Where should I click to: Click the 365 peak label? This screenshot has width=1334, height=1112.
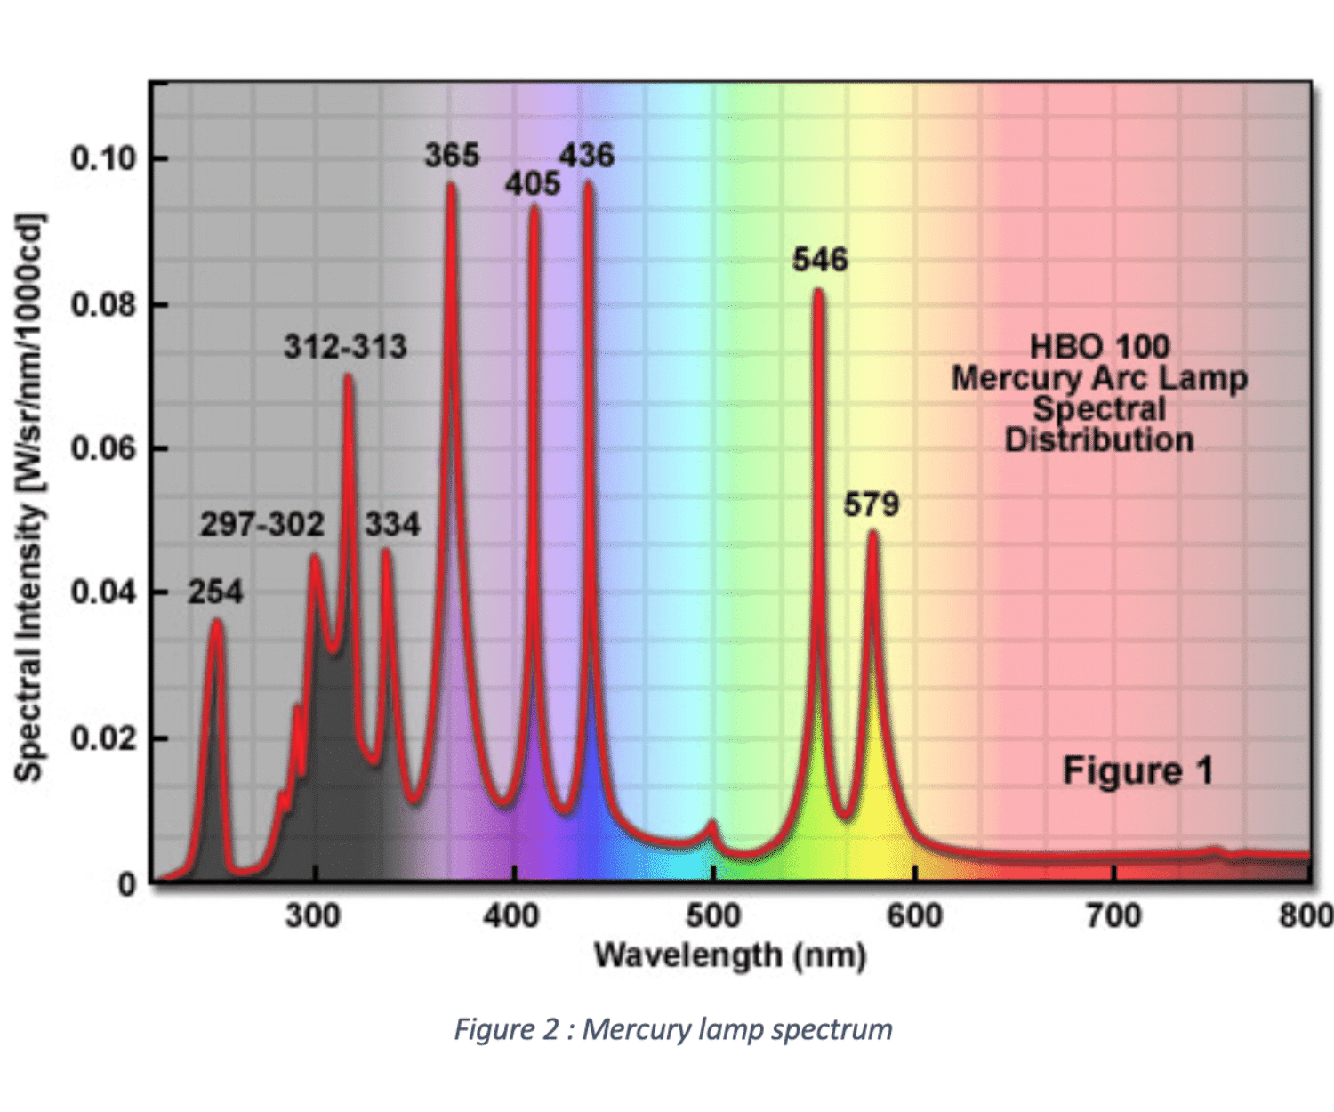[452, 156]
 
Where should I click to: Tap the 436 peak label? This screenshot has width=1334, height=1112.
[587, 156]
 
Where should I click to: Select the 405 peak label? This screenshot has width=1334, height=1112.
[533, 183]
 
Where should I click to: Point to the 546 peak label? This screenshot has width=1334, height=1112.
[820, 260]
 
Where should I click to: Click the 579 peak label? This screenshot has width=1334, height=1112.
[872, 504]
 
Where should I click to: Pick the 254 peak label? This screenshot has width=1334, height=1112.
[215, 592]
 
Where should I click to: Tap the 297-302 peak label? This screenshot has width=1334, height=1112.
[261, 524]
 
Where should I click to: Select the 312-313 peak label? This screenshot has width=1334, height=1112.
[345, 346]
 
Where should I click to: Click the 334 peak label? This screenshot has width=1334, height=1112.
[392, 524]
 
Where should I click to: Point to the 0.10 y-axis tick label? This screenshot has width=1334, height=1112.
[103, 158]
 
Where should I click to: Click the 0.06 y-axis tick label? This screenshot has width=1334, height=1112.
[103, 447]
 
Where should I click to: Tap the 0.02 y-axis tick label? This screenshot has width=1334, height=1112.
[103, 737]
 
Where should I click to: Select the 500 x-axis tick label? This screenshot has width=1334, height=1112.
[713, 915]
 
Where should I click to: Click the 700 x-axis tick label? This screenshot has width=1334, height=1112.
[1114, 915]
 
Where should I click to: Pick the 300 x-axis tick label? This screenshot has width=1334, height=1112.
[312, 915]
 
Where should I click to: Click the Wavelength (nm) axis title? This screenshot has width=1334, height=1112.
[730, 955]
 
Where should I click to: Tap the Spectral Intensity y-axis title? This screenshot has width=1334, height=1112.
[29, 498]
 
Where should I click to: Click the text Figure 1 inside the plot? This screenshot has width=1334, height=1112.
[1138, 770]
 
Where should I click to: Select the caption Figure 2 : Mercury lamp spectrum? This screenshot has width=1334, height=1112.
[673, 1029]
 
